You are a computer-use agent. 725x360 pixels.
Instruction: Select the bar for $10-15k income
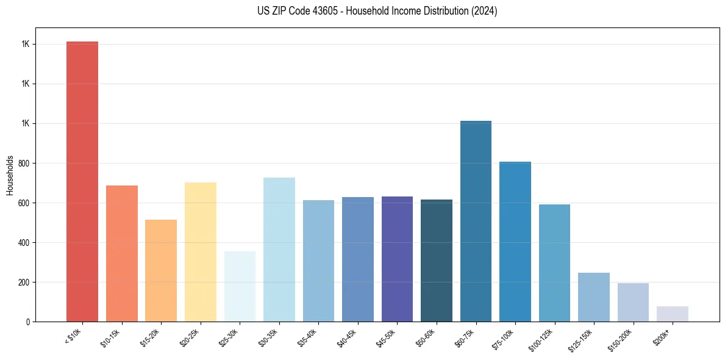coord(121,253)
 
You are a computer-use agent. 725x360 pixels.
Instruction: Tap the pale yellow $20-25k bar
coord(200,251)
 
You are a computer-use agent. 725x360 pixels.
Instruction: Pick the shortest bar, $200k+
coord(673,314)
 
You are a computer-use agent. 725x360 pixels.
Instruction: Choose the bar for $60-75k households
coord(476,221)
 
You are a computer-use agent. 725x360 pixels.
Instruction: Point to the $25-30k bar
coord(240,286)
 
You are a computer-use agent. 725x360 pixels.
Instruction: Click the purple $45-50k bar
coord(397,259)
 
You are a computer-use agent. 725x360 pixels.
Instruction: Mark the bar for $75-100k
coord(515,241)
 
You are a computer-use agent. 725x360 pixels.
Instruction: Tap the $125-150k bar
coord(594,297)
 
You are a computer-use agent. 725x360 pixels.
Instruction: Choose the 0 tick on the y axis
coord(29,322)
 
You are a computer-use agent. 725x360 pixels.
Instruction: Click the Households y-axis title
coord(10,175)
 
